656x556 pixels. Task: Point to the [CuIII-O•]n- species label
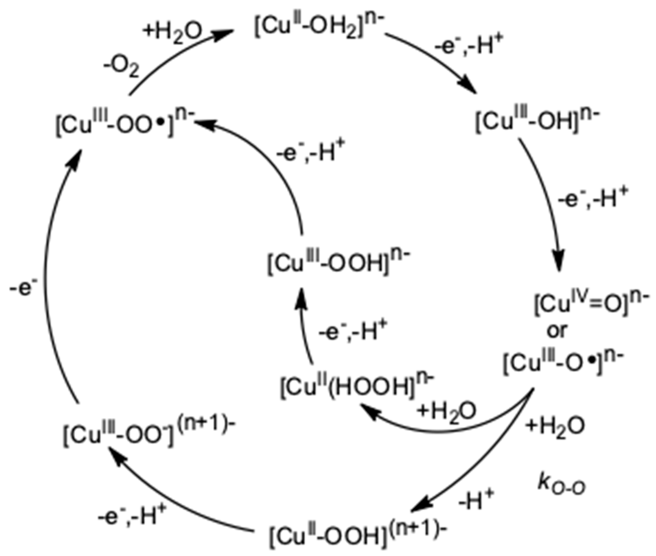pyautogui.click(x=563, y=365)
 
